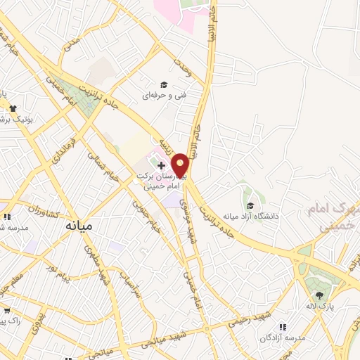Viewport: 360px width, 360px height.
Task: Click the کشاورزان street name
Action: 25,207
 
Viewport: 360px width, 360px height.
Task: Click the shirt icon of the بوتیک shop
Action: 13,108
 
